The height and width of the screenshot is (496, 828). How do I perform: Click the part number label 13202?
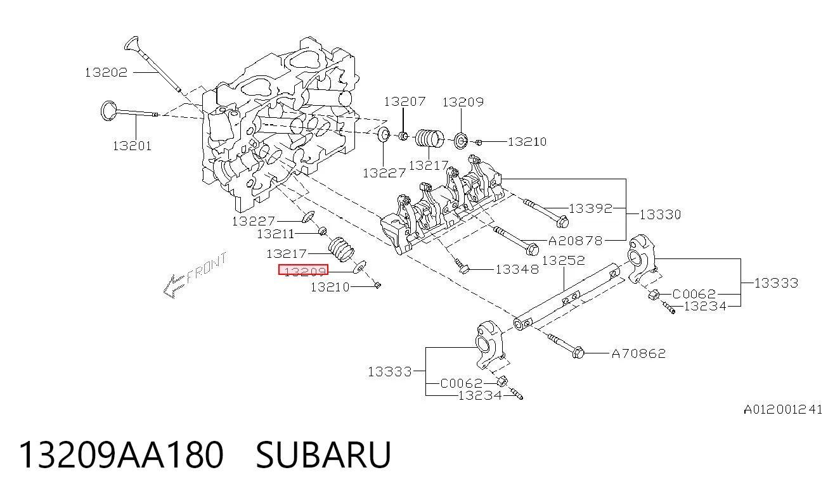click(x=106, y=72)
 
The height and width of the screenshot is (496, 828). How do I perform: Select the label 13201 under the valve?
click(x=132, y=146)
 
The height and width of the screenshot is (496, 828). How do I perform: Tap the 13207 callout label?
click(x=404, y=101)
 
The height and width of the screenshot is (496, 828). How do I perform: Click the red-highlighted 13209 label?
click(x=304, y=270)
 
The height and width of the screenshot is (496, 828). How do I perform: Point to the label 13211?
click(x=275, y=234)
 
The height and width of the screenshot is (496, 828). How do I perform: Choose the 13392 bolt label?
click(x=590, y=208)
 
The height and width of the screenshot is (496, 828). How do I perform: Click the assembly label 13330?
click(x=660, y=215)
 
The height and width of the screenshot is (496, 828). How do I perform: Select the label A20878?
click(x=576, y=241)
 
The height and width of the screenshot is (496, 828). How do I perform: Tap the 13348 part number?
click(x=517, y=270)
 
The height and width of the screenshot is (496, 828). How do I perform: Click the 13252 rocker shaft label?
click(x=564, y=260)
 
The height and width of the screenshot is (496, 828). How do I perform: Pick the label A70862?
click(x=638, y=354)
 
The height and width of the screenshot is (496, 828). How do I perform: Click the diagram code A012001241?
click(x=783, y=409)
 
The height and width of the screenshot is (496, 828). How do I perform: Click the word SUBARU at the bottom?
click(x=323, y=455)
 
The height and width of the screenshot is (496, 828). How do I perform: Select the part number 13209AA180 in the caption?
click(x=121, y=455)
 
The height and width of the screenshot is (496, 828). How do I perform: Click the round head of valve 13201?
click(x=108, y=110)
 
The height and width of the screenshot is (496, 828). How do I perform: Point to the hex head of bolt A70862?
click(x=578, y=353)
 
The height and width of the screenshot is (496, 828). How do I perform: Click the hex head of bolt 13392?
click(x=562, y=222)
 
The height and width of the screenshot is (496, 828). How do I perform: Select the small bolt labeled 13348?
click(x=462, y=266)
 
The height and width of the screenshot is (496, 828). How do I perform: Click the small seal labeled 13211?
click(x=323, y=231)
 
